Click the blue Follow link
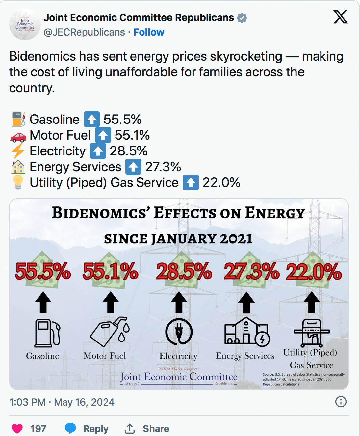148,32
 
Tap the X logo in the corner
341,17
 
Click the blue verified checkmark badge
242,18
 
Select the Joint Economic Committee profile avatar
25,25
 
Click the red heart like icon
17,428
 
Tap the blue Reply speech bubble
70,428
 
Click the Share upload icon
130,428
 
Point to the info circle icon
341,402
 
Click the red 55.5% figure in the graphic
43,272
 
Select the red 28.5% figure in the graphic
184,272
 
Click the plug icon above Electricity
179,331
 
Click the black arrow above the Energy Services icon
246,303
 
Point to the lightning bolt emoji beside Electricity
18,151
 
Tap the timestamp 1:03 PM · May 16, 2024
62,402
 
